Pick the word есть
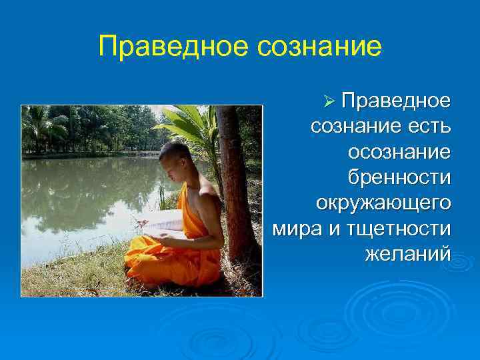(x=428, y=126)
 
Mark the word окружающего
(x=383, y=202)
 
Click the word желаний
(x=408, y=253)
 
